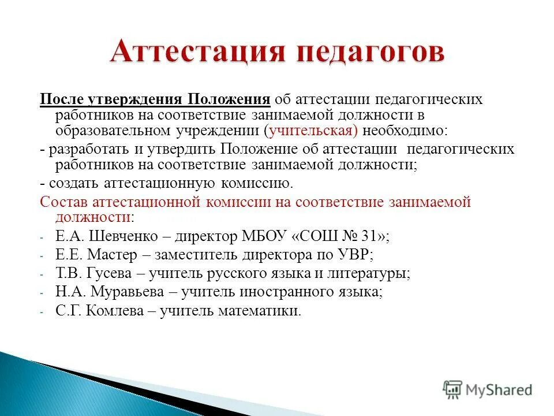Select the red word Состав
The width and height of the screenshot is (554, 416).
(62, 202)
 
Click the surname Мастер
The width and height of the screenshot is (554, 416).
(118, 254)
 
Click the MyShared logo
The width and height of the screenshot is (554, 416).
(488, 389)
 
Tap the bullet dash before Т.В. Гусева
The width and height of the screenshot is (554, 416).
(42, 274)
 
